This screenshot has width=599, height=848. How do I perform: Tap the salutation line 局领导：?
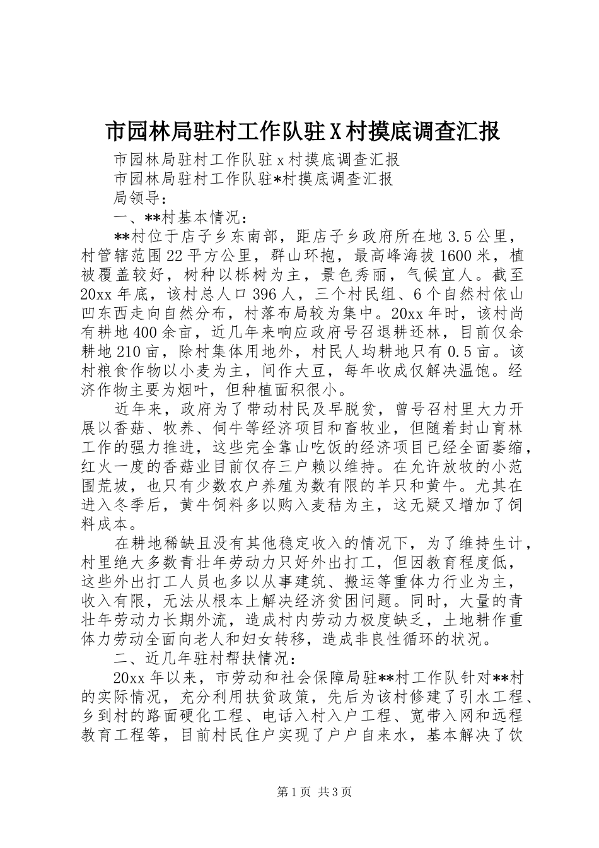138,198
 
